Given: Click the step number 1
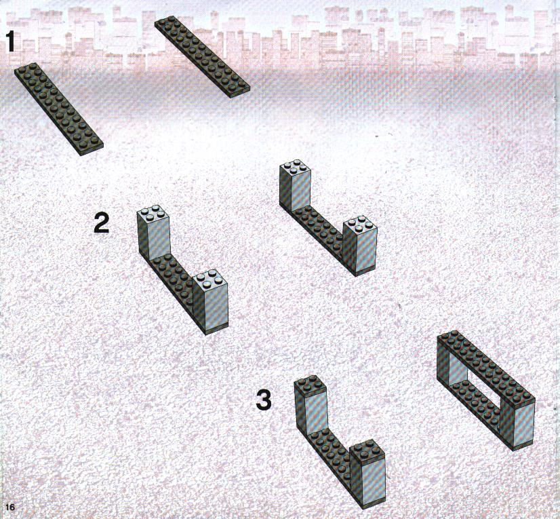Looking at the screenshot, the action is tap(11, 41).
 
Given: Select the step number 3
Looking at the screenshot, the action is tap(264, 400).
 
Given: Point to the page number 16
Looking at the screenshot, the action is tap(10, 507).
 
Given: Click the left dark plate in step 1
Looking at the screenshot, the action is tap(59, 109).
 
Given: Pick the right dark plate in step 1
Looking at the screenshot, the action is tap(203, 56).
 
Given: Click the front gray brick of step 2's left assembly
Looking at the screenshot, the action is tap(210, 301).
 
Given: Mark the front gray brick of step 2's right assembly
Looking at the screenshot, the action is tap(359, 245).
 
